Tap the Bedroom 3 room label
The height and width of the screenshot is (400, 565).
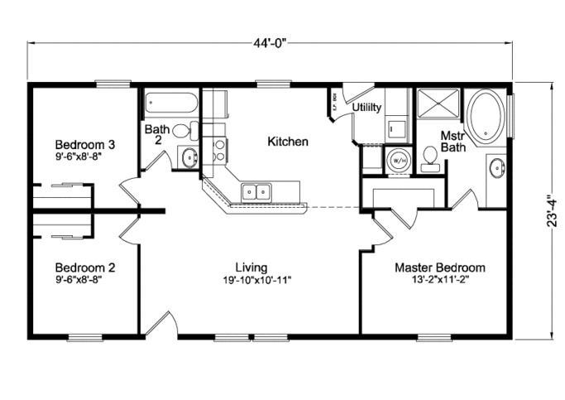pyautogui.click(x=85, y=143)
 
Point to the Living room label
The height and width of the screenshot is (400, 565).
pyautogui.click(x=251, y=267)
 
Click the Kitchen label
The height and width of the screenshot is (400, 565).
pyautogui.click(x=288, y=142)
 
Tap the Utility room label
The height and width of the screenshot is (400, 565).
pyautogui.click(x=366, y=108)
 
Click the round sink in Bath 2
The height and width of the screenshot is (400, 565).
pyautogui.click(x=189, y=157)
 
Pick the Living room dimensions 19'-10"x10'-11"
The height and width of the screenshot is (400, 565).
pyautogui.click(x=251, y=280)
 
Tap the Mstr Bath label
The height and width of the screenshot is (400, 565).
pyautogui.click(x=453, y=141)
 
